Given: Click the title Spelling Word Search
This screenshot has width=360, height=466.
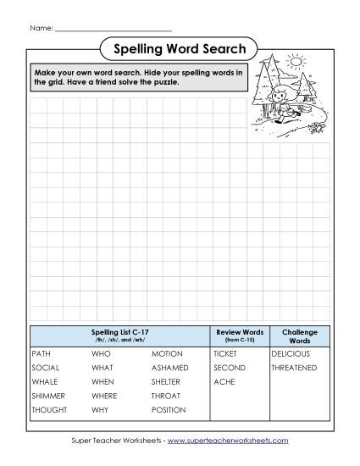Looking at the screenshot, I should point(179,49).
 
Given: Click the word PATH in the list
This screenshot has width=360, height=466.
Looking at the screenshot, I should point(42,352).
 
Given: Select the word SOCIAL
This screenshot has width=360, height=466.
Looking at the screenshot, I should point(45,368).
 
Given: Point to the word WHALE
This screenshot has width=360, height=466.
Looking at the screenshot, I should point(44,382).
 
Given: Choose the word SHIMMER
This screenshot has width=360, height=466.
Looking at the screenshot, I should point(47,396).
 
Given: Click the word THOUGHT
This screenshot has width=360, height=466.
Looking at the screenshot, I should point(49,410).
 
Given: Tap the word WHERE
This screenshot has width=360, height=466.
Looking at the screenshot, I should point(104,396).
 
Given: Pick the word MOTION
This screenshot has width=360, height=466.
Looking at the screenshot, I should point(167,352).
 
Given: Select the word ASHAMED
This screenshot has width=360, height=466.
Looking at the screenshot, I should point(170,368).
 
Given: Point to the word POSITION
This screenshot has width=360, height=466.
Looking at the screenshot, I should point(169,410).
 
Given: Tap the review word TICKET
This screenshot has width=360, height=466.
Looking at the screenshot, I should point(225,352).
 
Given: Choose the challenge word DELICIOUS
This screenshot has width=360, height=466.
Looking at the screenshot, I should point(291,352).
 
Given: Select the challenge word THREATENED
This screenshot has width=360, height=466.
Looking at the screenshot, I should point(294,368).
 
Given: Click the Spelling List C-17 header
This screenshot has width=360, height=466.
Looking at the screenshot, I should point(119,333).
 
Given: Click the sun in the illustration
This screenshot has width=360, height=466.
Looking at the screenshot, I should point(296,62).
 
